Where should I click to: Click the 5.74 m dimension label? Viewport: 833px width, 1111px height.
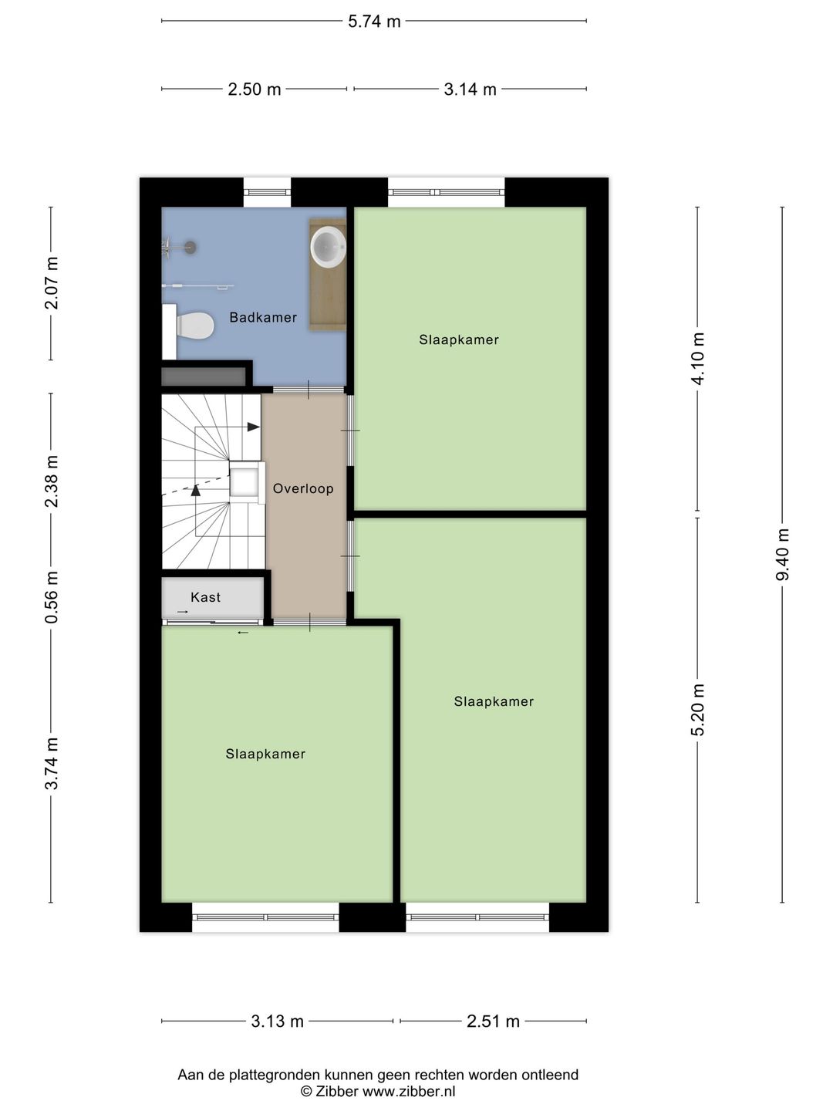tap(374, 22)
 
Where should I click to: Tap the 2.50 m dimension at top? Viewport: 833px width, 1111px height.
tap(254, 89)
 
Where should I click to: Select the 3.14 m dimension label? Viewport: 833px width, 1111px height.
tap(470, 89)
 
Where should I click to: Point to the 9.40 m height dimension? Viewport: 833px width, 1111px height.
tap(782, 555)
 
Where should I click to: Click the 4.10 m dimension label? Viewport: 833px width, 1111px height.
tap(698, 359)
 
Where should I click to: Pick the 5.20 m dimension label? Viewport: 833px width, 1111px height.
tap(698, 710)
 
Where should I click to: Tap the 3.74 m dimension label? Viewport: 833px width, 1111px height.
tap(52, 763)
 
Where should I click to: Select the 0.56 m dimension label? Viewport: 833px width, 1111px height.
tap(52, 597)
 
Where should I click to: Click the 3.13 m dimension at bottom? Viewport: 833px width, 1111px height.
tap(277, 1022)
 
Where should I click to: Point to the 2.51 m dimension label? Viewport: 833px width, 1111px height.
tap(493, 1022)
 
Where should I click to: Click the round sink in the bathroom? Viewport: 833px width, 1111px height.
tap(328, 247)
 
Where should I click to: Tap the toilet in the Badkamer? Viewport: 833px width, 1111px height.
tap(194, 325)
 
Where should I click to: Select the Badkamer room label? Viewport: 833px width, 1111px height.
tap(263, 317)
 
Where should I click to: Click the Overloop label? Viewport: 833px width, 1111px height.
tap(303, 488)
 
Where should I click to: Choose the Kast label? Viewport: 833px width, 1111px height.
tap(205, 597)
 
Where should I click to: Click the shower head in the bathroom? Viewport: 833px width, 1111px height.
tap(189, 248)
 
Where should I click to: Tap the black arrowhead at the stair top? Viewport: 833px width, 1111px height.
tap(253, 427)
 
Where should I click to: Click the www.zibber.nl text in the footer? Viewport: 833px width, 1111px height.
tap(409, 1091)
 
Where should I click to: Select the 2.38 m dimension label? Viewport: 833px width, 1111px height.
tap(52, 481)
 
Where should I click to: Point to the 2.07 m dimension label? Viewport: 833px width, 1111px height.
tap(52, 283)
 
